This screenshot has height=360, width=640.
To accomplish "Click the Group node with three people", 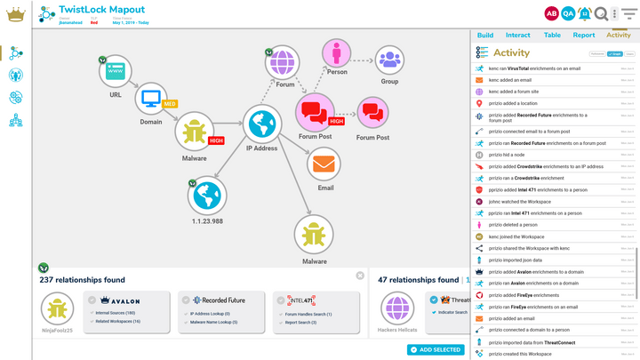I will click(x=389, y=60).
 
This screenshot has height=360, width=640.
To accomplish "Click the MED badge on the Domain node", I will click(x=169, y=104).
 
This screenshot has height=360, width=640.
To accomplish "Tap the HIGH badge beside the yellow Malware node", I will click(x=216, y=140).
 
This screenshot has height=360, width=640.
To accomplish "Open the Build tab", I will click(x=485, y=36).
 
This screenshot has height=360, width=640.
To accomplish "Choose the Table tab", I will click(x=552, y=36).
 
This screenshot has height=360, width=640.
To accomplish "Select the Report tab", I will click(x=584, y=36).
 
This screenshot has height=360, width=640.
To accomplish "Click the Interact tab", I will click(x=518, y=36).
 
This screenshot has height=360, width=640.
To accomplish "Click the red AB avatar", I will click(x=551, y=13).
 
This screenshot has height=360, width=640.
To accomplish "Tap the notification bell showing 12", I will click(x=584, y=13).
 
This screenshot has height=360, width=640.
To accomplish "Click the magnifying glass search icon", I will click(x=602, y=13).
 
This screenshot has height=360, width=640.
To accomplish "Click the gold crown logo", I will click(x=15, y=14).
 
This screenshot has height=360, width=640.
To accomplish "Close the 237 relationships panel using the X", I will click(x=360, y=276).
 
